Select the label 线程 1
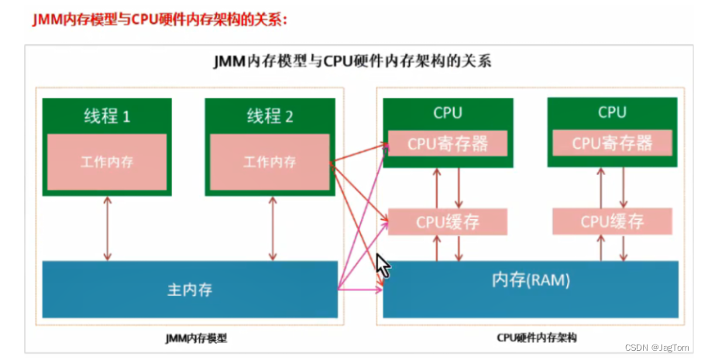click(107, 116)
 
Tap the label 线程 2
click(270, 116)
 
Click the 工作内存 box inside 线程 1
click(107, 163)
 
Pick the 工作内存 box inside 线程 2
click(270, 163)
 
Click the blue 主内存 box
click(190, 290)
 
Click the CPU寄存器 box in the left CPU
click(448, 143)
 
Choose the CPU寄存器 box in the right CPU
click(612, 143)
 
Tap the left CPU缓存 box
click(448, 222)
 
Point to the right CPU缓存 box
click(612, 222)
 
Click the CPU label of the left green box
click(448, 113)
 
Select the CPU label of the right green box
click(612, 113)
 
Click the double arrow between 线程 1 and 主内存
click(107, 228)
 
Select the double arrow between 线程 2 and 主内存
click(271, 228)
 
